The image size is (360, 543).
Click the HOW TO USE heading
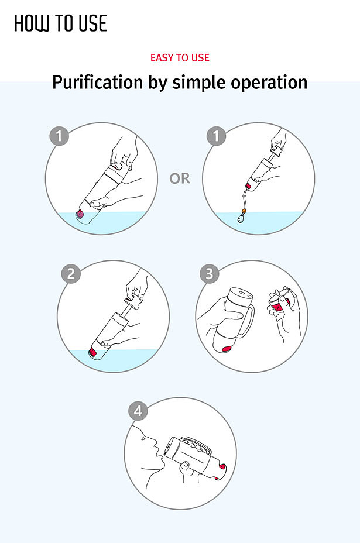60,23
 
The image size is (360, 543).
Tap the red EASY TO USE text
180,57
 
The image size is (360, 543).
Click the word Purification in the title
97,83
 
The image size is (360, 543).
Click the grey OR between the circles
180,178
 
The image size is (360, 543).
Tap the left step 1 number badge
59,136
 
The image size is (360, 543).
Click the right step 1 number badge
216,136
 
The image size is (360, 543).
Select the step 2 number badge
71,274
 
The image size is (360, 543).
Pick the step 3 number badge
210,274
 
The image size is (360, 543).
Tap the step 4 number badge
138,411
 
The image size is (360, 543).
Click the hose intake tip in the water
240,218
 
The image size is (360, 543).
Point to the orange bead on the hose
244,211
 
